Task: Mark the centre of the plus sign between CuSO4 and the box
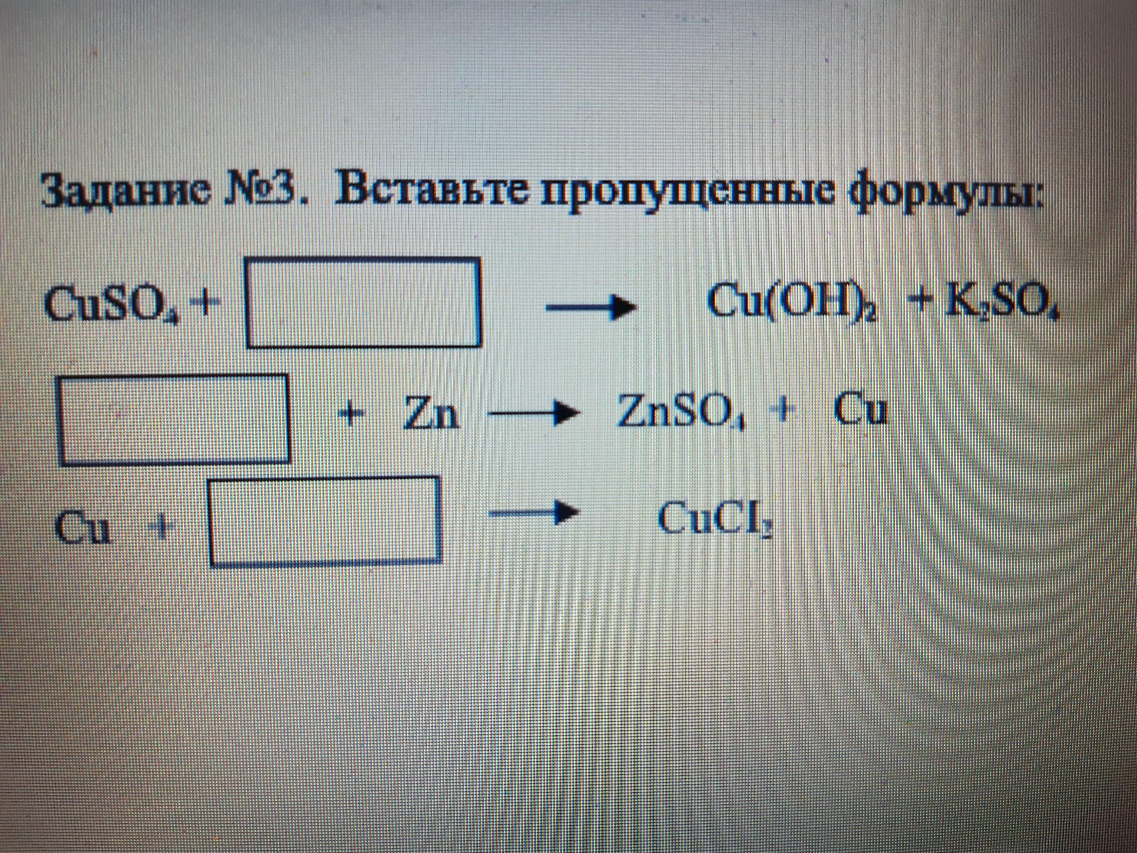point(205,304)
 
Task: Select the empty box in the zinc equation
point(174,420)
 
